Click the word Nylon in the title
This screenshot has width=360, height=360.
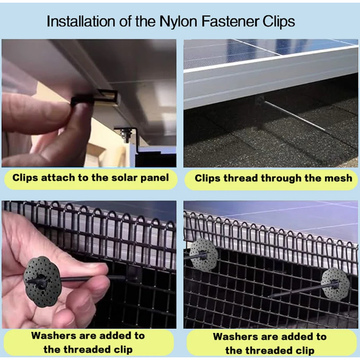pos(178,22)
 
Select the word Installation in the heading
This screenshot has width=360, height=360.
pos(81,21)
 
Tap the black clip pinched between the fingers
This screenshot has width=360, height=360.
pos(82,102)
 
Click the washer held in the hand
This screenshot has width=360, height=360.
pos(42,282)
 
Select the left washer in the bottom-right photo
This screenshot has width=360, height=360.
pos(203,254)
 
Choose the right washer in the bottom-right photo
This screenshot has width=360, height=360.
pos(335,284)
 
